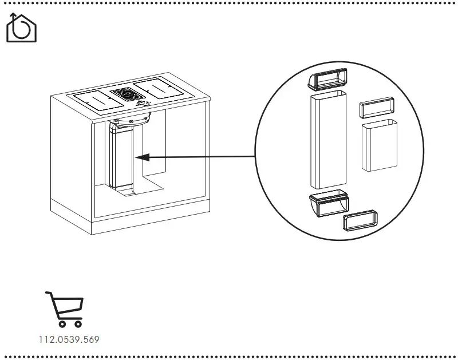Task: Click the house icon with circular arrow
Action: coord(21,28)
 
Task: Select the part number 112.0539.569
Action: coord(69,339)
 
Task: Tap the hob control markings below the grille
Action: coord(142,105)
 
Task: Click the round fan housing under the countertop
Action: coord(133,119)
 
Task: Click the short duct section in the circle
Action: coord(379,145)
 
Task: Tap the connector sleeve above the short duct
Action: coord(378,107)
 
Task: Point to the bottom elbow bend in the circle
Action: coord(329,203)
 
